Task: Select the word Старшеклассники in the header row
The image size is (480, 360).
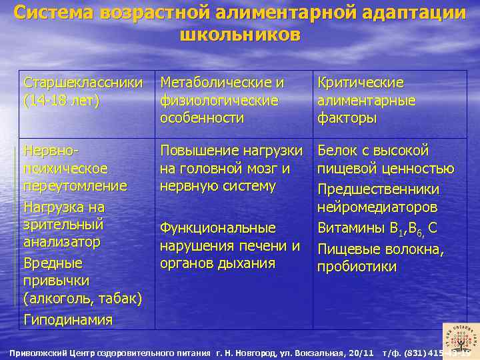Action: point(83,83)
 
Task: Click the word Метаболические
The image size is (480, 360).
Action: point(222,83)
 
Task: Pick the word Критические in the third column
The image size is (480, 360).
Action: point(361,83)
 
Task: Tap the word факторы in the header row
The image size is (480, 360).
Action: point(347,118)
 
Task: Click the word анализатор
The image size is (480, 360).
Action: point(61,241)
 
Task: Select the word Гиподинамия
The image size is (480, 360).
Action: point(68,319)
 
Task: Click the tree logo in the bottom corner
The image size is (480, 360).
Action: point(459,337)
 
